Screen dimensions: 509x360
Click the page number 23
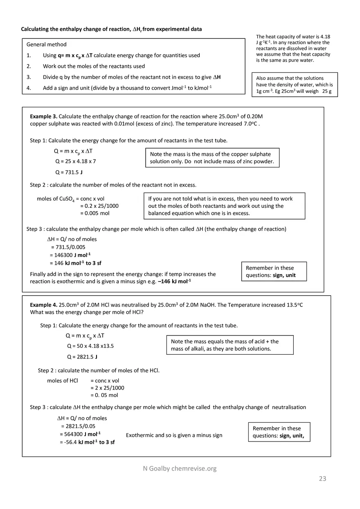pos(322,478)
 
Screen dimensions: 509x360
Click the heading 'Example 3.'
pos(43,117)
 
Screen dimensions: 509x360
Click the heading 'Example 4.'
pos(43,305)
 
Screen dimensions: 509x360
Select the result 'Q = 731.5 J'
pos(69,172)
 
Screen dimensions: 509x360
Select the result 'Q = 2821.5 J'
pos(82,357)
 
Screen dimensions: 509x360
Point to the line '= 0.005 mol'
pos(94,213)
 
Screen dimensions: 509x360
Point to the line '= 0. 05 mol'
pos(104,395)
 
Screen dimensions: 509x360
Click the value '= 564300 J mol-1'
pos(80,434)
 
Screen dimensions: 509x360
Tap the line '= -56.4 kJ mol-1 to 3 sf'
pos(87,442)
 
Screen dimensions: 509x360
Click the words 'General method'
pos(46,44)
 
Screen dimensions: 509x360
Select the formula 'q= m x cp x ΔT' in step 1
pos(75,55)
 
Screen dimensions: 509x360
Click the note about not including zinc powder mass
pos(212,158)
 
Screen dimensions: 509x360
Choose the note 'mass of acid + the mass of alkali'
pos(229,345)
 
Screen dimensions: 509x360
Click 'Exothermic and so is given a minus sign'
pos(174,435)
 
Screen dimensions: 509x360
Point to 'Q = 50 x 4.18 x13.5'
pos(90,346)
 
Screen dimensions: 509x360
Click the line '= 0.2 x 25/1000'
pos(99,206)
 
